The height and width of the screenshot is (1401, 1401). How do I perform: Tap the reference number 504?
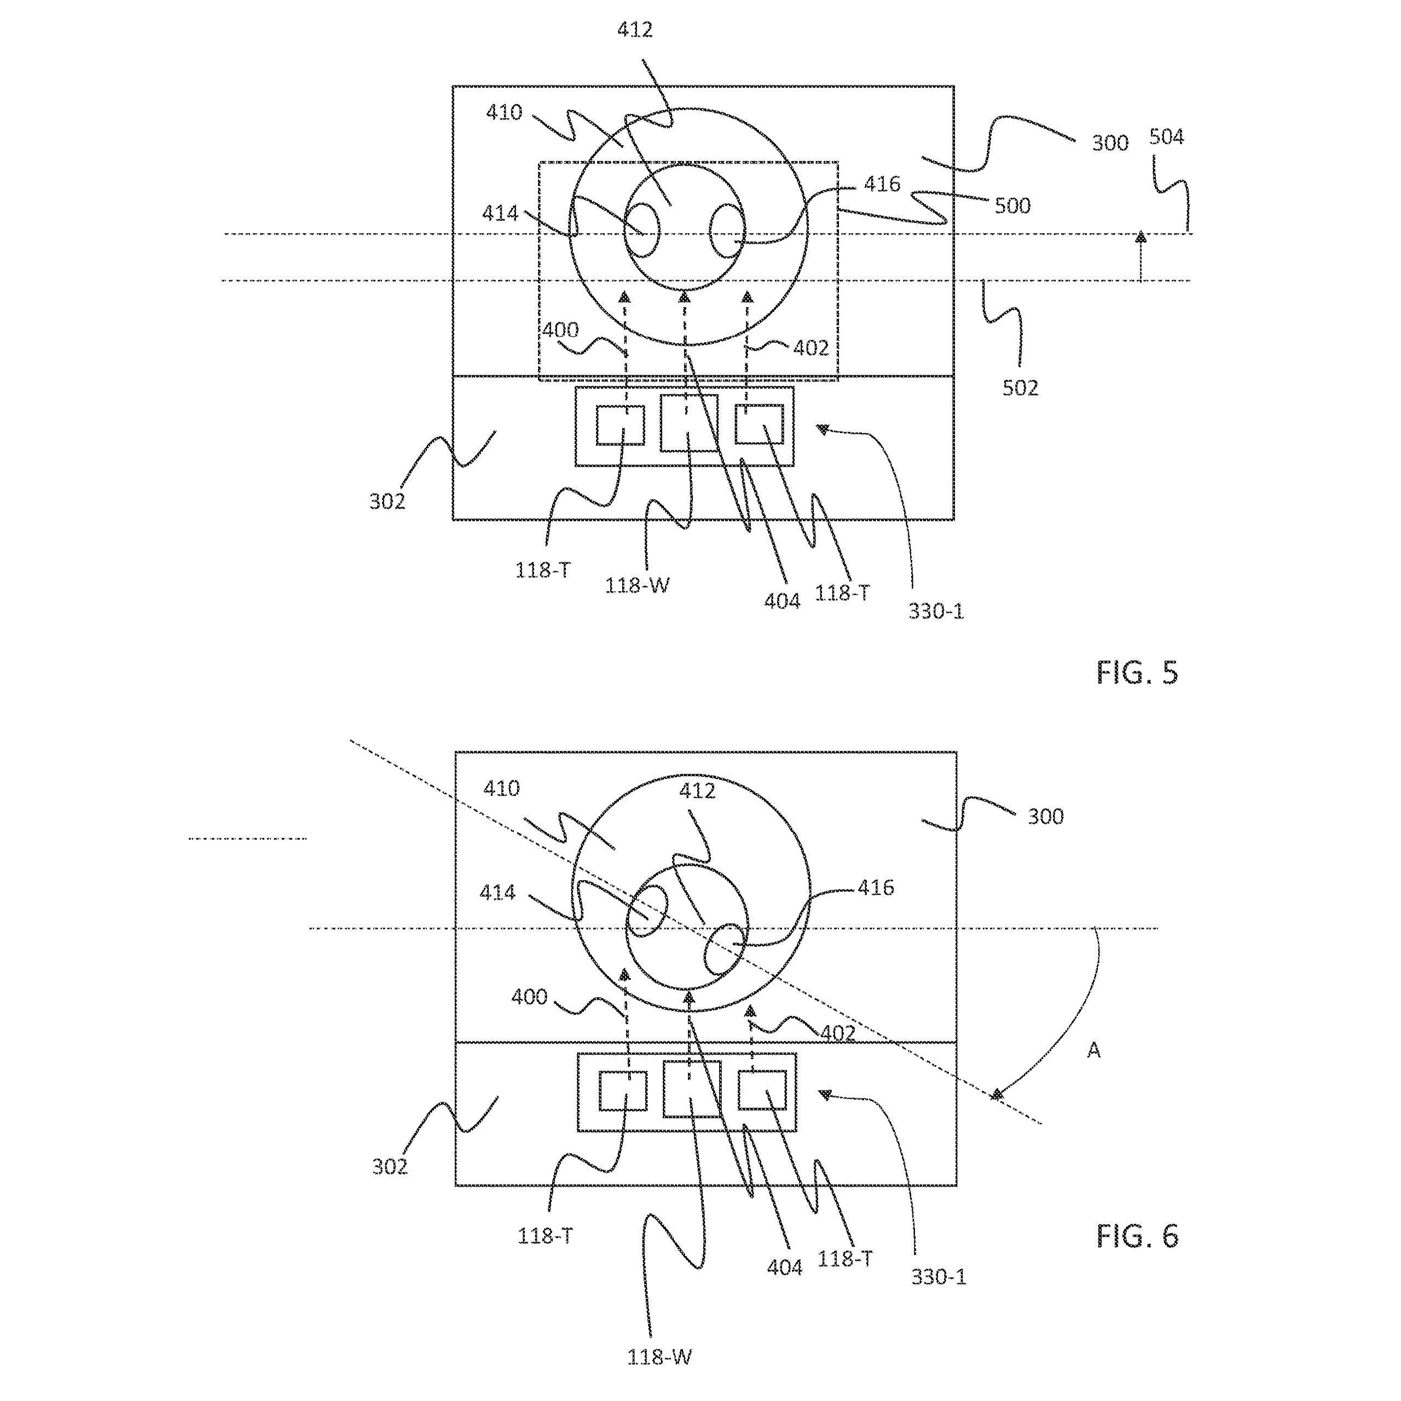1166,136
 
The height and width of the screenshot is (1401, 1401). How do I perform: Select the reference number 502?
1020,388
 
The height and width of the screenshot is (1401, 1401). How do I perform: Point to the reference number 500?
1012,206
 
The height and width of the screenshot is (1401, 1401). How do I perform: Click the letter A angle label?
1093,1050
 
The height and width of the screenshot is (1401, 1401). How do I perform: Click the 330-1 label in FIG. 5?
936,611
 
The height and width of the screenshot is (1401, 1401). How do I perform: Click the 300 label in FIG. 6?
1046,817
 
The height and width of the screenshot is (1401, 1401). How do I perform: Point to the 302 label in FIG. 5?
387,501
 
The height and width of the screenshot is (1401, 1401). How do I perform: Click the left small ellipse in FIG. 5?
642,230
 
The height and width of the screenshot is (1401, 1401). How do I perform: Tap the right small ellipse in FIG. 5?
727,230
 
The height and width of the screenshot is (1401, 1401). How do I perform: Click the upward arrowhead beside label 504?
1141,236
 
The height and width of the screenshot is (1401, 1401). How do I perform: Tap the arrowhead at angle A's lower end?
998,1095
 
